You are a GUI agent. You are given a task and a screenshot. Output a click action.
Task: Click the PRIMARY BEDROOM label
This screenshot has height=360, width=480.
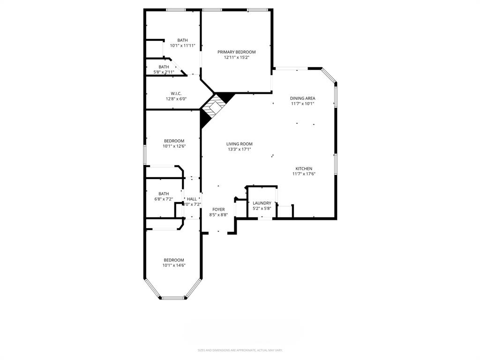(x=236, y=52)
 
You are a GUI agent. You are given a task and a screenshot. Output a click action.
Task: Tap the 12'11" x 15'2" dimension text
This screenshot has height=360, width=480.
(x=236, y=57)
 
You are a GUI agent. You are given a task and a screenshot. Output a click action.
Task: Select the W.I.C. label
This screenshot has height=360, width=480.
(x=176, y=93)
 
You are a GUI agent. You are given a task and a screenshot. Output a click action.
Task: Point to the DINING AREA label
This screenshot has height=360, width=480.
(x=302, y=98)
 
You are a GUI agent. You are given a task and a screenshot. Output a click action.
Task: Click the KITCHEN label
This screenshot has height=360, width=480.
(x=304, y=169)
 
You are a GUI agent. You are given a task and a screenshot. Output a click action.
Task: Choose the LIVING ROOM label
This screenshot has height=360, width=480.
(x=240, y=144)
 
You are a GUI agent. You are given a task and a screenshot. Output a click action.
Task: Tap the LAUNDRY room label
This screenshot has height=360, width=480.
(x=262, y=203)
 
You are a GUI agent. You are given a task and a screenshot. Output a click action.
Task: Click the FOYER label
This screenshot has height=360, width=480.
(x=218, y=210)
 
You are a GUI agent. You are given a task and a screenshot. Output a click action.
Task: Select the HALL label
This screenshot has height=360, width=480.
(x=192, y=199)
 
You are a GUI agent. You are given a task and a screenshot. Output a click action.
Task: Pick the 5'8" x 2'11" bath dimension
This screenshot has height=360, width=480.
(x=164, y=72)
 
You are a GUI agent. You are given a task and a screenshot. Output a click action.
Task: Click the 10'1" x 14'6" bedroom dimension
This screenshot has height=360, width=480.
(x=173, y=265)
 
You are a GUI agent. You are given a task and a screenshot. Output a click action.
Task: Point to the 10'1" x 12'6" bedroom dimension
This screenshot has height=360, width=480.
(x=173, y=146)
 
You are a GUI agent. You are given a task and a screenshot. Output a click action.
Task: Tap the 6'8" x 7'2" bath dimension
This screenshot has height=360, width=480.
(x=164, y=199)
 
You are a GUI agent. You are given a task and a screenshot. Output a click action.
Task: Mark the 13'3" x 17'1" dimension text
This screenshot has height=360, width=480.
(x=240, y=149)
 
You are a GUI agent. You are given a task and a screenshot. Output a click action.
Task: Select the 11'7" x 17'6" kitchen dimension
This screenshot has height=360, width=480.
(x=304, y=174)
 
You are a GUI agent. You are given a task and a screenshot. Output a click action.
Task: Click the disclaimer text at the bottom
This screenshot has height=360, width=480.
(x=240, y=350)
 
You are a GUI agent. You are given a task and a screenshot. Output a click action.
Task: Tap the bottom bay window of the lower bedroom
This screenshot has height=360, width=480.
(x=174, y=298)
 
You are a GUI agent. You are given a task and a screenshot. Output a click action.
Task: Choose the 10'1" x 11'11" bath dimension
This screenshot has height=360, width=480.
(x=182, y=45)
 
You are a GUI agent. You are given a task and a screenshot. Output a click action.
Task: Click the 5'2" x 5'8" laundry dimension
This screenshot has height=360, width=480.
(x=262, y=208)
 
